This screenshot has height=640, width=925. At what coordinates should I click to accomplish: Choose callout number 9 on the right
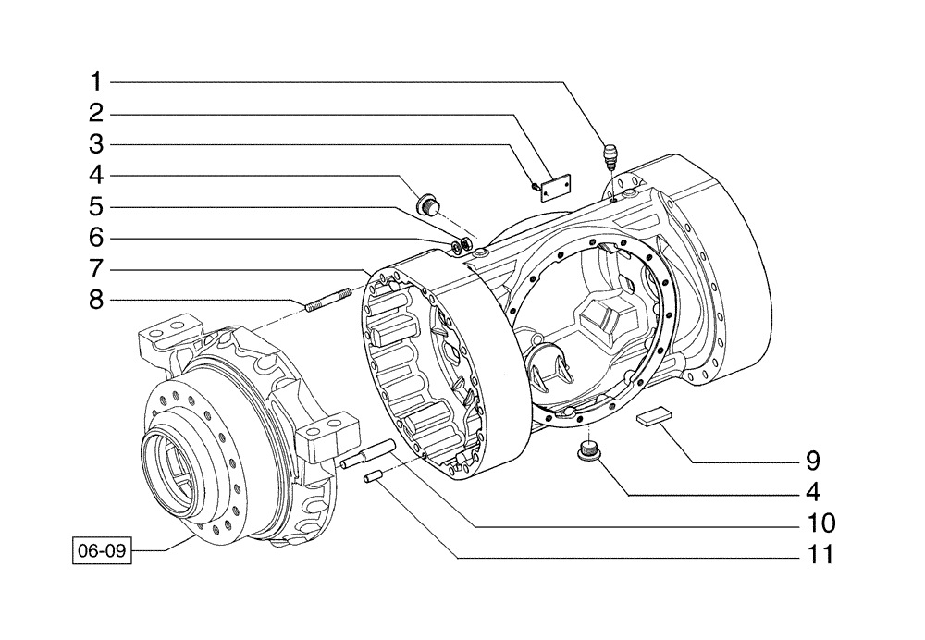[811, 460]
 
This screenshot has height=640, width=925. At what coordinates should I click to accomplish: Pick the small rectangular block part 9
[653, 418]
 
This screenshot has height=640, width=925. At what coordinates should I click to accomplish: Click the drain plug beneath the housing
[588, 450]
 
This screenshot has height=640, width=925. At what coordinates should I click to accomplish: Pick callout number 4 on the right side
[811, 491]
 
